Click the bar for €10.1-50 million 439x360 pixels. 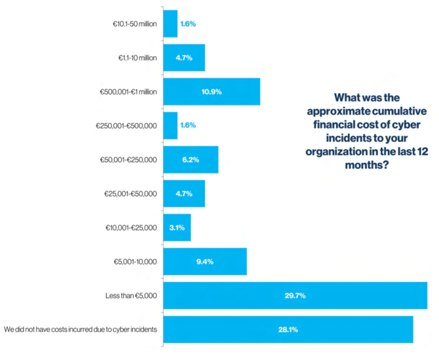tap(170, 24)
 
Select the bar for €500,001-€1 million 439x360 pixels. tap(211, 92)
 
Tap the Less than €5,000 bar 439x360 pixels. tap(295, 295)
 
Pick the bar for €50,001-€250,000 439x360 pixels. tap(190, 159)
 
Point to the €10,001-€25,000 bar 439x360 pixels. tap(176, 227)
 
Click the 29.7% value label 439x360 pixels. tap(295, 295)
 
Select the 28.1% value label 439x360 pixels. tap(288, 329)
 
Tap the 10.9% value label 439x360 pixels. tap(211, 92)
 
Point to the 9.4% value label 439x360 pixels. tap(204, 261)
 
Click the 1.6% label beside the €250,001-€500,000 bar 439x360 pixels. tap(188, 125)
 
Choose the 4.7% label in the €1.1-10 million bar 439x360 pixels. tap(183, 58)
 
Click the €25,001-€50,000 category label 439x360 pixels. tap(130, 194)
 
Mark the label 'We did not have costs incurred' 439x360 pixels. tap(80, 329)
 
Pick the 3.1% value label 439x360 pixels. tap(177, 227)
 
